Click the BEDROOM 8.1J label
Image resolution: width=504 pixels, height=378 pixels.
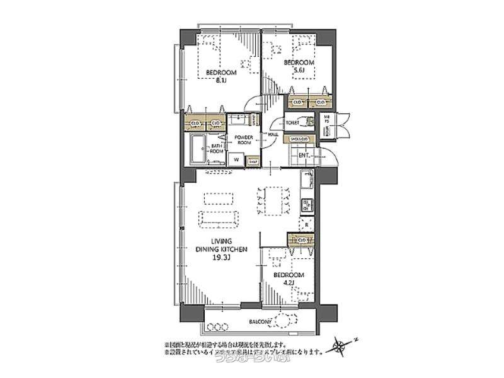pyautogui.click(x=221, y=76)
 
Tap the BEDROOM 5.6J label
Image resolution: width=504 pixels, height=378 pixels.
pyautogui.click(x=299, y=66)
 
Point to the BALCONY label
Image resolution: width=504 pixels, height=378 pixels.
pyautogui.click(x=260, y=322)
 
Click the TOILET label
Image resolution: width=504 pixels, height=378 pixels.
pyautogui.click(x=292, y=123)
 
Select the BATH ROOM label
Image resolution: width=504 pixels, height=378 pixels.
pyautogui.click(x=215, y=149)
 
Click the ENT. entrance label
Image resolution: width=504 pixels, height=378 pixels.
pyautogui.click(x=303, y=154)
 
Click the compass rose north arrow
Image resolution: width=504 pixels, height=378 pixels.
pyautogui.click(x=342, y=345)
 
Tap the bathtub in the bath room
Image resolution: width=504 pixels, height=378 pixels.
pyautogui.click(x=199, y=149)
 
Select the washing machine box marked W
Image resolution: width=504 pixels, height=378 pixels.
pyautogui.click(x=236, y=160)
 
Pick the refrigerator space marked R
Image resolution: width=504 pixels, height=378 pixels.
pyautogui.click(x=306, y=224)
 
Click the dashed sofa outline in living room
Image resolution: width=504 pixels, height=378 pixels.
pyautogui.click(x=218, y=219)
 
